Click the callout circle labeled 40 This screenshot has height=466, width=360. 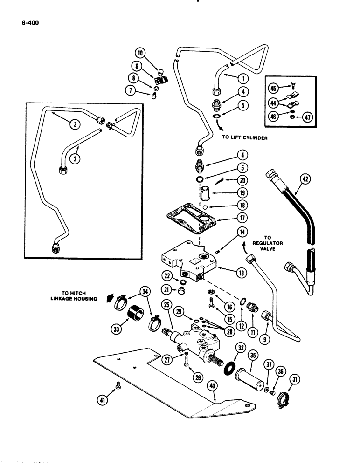point(215,397)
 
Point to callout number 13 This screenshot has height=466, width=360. point(241,273)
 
